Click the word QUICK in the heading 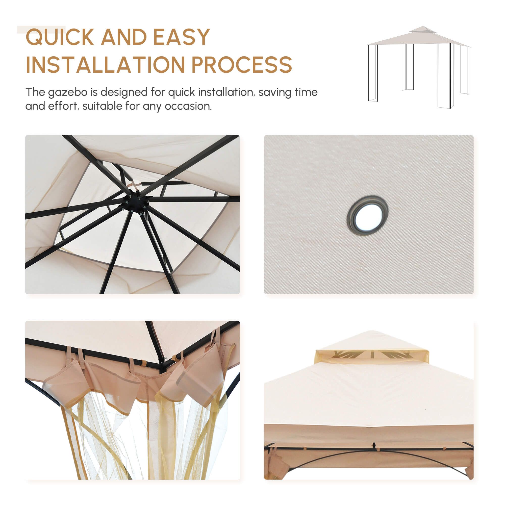tap(60, 37)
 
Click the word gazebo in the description tap(67, 93)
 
